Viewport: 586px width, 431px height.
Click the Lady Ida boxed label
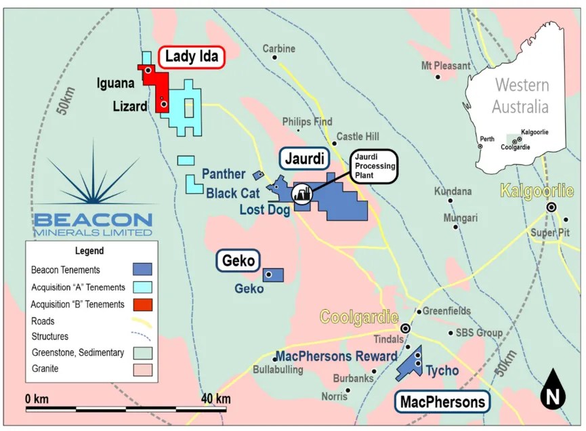point(192,57)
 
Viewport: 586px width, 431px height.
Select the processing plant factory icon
point(301,194)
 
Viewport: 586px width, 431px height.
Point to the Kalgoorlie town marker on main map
point(552,207)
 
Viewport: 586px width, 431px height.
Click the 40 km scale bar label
point(215,398)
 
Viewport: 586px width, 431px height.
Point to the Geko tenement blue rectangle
point(273,274)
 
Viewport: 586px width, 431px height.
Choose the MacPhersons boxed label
point(442,402)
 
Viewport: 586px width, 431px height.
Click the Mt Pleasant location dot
point(438,77)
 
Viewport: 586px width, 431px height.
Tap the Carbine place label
point(279,49)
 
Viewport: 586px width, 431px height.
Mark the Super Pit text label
point(548,233)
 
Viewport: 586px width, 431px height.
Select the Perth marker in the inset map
point(480,146)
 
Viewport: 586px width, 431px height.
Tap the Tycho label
point(442,371)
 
